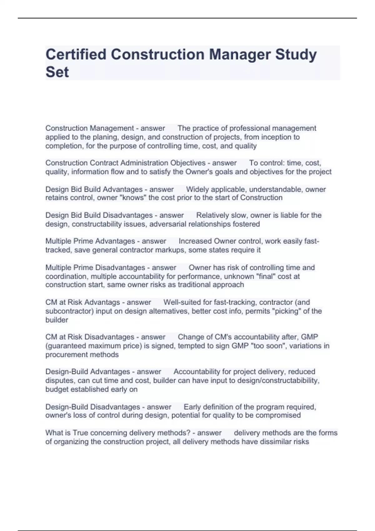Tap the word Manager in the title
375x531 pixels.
click(240, 54)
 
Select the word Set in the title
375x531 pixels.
click(57, 72)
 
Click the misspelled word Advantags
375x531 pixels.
click(102, 302)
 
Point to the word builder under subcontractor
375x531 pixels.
click(57, 320)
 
